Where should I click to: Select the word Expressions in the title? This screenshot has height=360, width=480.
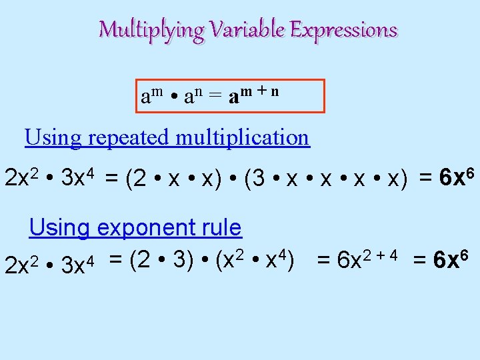pyautogui.click(x=343, y=30)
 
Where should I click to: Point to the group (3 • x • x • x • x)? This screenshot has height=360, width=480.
pyautogui.click(x=325, y=180)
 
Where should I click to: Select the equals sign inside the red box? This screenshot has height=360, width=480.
pyautogui.click(x=214, y=97)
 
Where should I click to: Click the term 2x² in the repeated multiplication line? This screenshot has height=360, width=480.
pyautogui.click(x=24, y=178)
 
